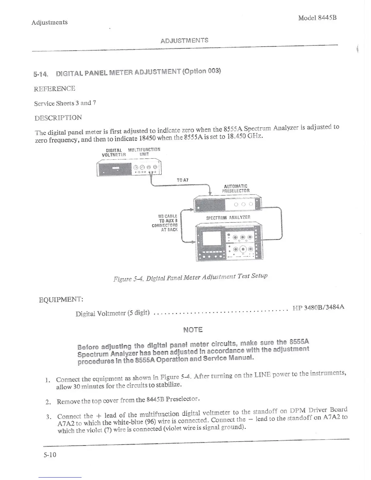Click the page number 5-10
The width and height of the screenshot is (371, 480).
[50, 455]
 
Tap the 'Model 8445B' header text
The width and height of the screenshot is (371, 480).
[317, 18]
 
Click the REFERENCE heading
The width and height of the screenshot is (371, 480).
[55, 88]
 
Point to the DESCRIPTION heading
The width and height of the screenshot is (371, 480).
[58, 118]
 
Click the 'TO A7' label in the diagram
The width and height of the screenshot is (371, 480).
[182, 180]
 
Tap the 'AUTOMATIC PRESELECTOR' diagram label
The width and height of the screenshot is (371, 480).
[236, 188]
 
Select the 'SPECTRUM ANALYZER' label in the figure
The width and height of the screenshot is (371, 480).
[228, 218]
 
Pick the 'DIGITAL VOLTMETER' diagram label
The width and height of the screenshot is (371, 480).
[114, 152]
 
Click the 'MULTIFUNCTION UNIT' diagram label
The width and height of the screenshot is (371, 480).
[144, 152]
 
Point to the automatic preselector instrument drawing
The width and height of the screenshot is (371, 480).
[227, 204]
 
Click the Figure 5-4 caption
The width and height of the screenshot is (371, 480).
[190, 277]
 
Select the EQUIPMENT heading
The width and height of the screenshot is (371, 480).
[61, 300]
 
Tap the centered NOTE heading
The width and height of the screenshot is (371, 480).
[193, 330]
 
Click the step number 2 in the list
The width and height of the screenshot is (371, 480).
[48, 402]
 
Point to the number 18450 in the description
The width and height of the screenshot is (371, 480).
[147, 138]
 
